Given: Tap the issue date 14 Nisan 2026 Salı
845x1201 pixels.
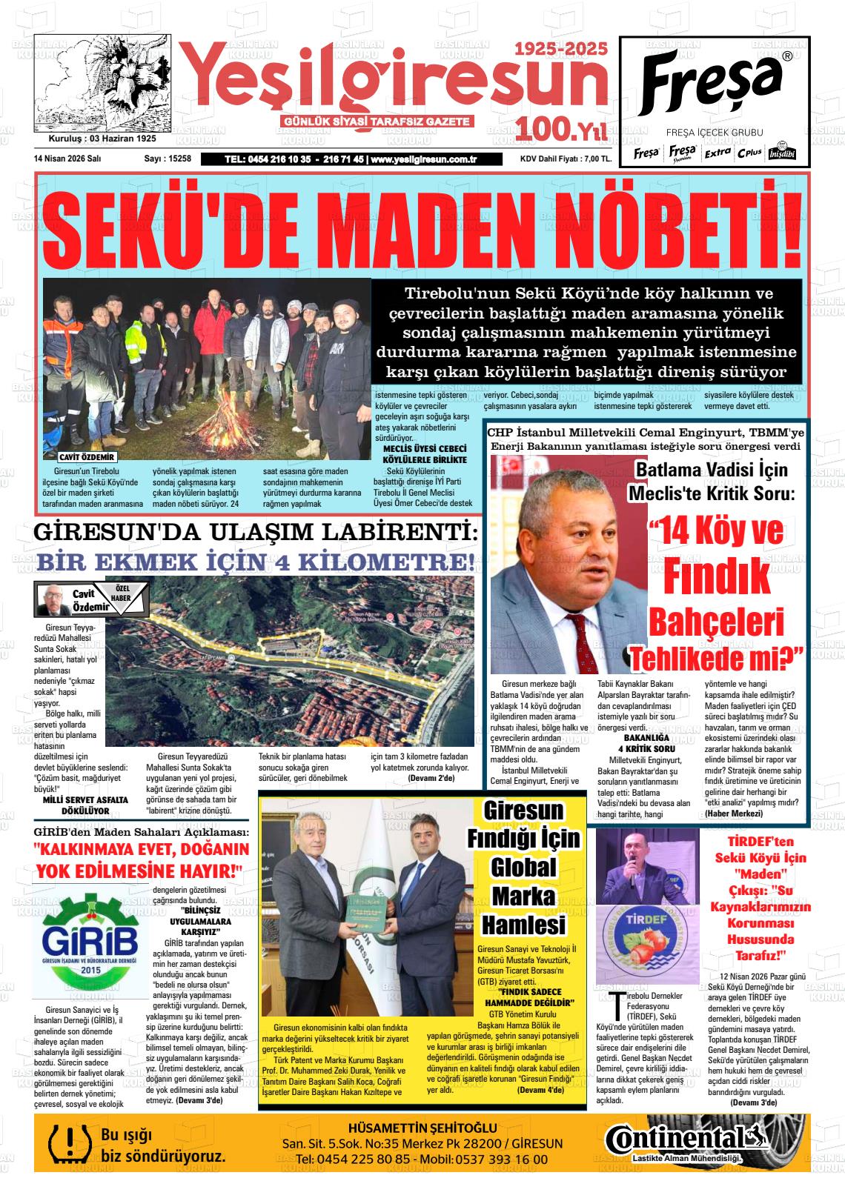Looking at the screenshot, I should pyautogui.click(x=67, y=159).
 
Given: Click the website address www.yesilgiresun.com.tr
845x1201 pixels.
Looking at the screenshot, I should pyautogui.click(x=422, y=159).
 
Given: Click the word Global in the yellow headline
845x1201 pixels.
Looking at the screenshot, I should pyautogui.click(x=524, y=868).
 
